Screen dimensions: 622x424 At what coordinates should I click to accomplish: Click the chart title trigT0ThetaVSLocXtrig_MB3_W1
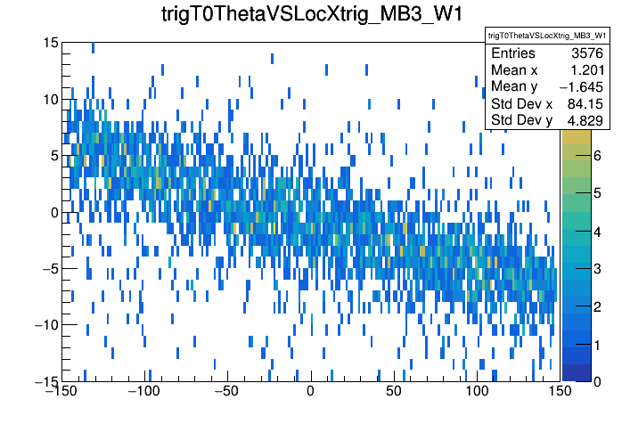tap(312, 14)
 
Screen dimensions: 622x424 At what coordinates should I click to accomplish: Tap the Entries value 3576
tap(587, 53)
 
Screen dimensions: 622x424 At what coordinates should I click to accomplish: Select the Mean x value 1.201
tap(587, 70)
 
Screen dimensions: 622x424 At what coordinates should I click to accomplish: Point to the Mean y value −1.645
tap(581, 87)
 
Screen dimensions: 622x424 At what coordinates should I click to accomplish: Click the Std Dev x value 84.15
tap(585, 104)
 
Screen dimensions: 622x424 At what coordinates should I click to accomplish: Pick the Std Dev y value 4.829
tap(585, 120)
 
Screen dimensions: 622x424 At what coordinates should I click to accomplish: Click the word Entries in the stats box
tap(513, 53)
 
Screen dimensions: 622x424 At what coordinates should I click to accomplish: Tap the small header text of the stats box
tap(547, 36)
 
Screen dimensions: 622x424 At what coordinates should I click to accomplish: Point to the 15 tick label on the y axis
tap(51, 43)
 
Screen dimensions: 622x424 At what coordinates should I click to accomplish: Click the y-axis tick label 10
tap(51, 99)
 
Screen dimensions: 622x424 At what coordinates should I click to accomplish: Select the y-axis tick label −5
tap(51, 268)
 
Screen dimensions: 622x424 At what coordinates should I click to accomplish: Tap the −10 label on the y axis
tap(47, 325)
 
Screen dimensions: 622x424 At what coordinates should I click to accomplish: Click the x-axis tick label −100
tap(143, 391)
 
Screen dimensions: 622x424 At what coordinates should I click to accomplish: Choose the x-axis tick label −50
tap(226, 391)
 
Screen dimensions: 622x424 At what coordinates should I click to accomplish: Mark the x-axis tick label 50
tap(393, 391)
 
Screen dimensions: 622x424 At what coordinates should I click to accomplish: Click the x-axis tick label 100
tap(477, 391)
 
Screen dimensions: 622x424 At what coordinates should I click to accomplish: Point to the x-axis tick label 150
tap(560, 391)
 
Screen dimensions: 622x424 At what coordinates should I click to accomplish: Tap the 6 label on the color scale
tap(597, 156)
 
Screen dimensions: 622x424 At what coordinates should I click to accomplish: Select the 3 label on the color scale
tap(597, 269)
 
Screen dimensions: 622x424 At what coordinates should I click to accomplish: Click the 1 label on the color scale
tap(597, 345)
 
